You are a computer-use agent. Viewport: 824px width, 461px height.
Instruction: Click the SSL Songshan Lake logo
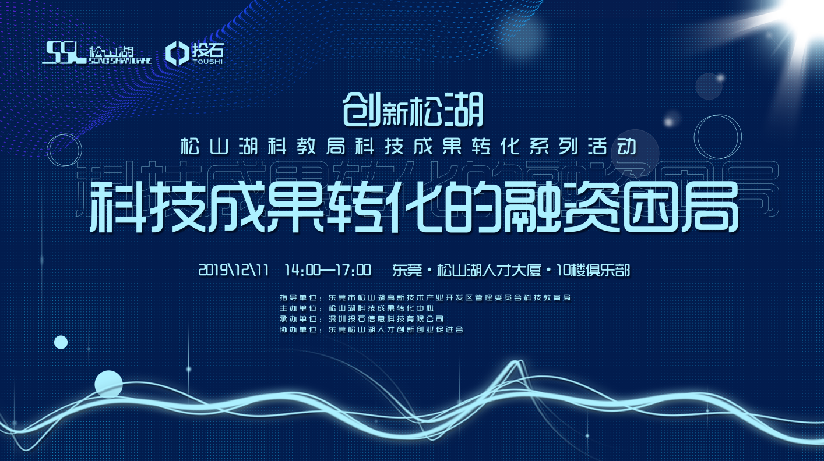click(x=97, y=53)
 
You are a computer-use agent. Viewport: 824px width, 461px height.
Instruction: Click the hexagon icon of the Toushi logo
click(x=177, y=54)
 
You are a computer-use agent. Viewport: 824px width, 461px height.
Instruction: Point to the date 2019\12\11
click(x=234, y=270)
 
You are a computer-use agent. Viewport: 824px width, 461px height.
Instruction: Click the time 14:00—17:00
click(x=328, y=270)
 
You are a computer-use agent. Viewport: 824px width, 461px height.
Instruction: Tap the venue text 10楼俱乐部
click(x=593, y=270)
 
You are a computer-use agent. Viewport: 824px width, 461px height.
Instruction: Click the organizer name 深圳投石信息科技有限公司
click(x=386, y=319)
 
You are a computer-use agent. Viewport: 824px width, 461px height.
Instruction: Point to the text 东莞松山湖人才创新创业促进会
click(x=396, y=329)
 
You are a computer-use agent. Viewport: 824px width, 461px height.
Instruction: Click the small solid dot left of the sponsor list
click(x=61, y=342)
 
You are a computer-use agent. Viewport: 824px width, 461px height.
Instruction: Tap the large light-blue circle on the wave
click(x=108, y=384)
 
